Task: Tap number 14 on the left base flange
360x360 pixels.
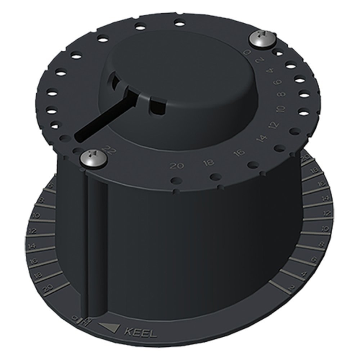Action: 32,247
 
